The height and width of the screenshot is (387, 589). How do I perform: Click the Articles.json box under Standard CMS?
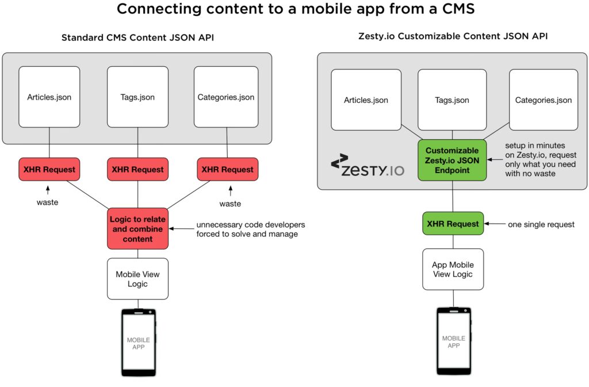49,97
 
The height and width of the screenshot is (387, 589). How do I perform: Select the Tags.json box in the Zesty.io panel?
452,100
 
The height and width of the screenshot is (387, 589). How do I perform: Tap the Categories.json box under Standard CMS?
225,97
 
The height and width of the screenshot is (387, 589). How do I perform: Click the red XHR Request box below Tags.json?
137,170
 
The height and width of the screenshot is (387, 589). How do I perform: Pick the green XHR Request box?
453,224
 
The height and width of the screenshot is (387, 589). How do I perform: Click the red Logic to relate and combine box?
137,229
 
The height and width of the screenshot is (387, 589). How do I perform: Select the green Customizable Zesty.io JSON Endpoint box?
452,160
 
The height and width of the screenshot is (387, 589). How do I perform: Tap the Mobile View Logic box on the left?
137,279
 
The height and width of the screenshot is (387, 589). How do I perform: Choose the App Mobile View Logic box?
453,269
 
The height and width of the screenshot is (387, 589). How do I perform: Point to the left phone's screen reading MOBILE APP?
138,343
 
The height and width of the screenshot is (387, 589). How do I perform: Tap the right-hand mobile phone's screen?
453,342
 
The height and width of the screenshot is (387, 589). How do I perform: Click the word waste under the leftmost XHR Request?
47,203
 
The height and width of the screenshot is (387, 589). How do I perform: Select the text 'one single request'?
541,224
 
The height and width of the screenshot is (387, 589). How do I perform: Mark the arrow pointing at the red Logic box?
182,229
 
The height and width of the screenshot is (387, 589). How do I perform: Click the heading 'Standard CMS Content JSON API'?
137,38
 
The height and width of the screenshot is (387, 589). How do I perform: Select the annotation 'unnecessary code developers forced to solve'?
251,229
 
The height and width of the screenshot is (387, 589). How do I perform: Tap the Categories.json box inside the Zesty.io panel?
543,100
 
